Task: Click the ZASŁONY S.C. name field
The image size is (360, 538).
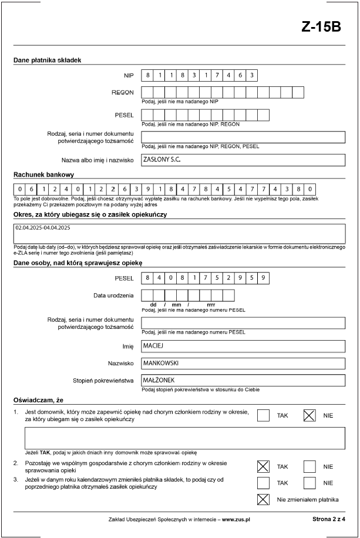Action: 243,160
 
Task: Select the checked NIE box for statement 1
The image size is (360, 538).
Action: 309,415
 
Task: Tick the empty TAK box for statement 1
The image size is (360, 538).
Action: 264,415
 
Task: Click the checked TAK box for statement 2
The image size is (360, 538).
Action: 264,466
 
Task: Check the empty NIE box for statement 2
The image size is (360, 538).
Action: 309,466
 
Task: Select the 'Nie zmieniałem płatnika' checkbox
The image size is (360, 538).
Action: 264,500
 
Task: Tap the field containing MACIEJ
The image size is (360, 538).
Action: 243,347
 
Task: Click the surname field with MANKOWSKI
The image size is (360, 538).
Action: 243,364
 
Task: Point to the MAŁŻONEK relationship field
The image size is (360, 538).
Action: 243,381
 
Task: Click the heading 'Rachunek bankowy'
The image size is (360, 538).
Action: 43,175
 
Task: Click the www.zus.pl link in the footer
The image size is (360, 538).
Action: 236,520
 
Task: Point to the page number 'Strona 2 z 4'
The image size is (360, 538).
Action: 329,520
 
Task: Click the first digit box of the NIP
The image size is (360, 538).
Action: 148,75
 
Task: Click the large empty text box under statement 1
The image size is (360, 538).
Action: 184,438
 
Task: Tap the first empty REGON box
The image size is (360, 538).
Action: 148,92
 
